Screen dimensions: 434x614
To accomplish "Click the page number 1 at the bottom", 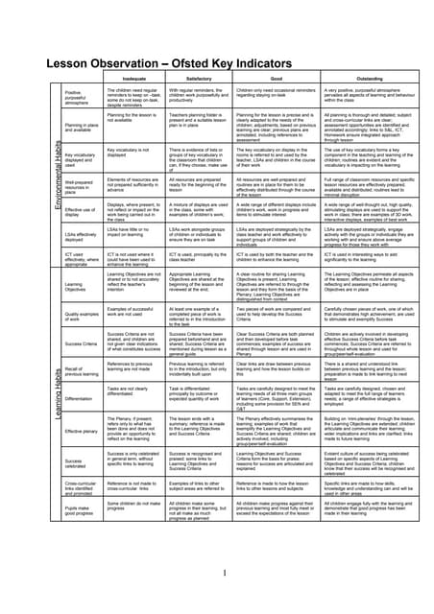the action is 224,574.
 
